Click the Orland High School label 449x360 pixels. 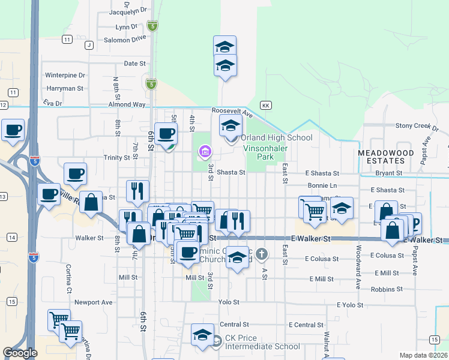point(277,138)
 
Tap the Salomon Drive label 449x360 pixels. point(125,38)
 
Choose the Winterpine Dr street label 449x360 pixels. point(65,76)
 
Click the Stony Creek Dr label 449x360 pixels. point(414,126)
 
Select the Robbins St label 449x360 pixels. point(387,289)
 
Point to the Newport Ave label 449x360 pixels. point(97,302)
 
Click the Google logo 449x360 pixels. point(20,353)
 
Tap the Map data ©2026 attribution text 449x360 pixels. point(423,355)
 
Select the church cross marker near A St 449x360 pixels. point(261,254)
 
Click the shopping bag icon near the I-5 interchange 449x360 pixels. point(91,203)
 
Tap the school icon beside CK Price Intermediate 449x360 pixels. point(203,334)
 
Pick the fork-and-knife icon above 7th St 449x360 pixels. point(137,191)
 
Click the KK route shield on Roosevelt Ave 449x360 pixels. point(267,104)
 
